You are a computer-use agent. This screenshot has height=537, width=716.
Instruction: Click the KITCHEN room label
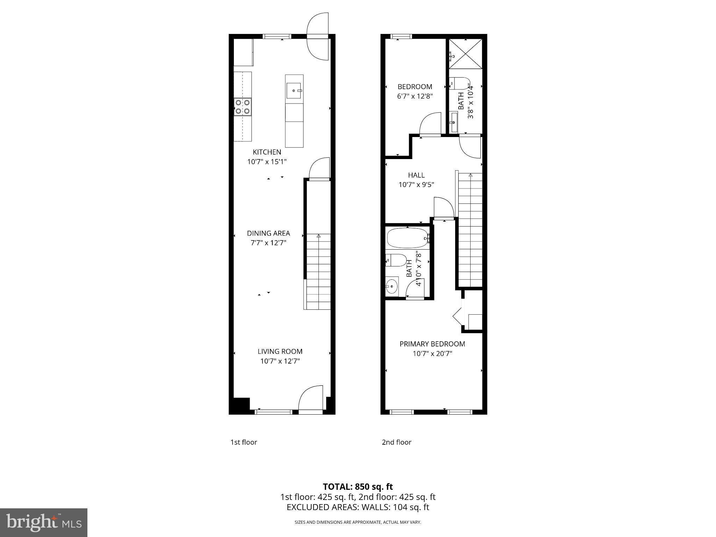pyautogui.click(x=267, y=152)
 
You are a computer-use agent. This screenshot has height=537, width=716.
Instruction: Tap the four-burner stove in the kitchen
pyautogui.click(x=243, y=107)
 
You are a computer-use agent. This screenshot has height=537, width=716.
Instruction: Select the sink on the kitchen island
pyautogui.click(x=294, y=91)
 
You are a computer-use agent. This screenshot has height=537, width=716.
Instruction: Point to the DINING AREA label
pyautogui.click(x=268, y=233)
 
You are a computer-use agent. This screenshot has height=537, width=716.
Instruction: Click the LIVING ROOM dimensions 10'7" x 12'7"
pyautogui.click(x=280, y=361)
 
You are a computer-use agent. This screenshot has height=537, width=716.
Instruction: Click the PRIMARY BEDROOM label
pyautogui.click(x=432, y=344)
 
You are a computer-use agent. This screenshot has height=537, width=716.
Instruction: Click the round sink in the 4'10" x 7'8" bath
pyautogui.click(x=392, y=286)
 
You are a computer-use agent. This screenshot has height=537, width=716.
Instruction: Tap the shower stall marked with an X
pyautogui.click(x=465, y=54)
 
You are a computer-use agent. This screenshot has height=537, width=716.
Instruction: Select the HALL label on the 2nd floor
pyautogui.click(x=416, y=175)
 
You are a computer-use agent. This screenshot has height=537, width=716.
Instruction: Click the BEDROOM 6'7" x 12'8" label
pyautogui.click(x=415, y=87)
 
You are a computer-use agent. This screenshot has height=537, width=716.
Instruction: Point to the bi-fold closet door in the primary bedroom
pyautogui.click(x=458, y=316)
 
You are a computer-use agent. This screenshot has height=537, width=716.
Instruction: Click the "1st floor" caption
pyautogui.click(x=244, y=442)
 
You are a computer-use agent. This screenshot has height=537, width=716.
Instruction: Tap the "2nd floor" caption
pyautogui.click(x=396, y=442)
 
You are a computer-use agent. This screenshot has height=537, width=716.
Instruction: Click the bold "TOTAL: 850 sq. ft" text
pyautogui.click(x=358, y=487)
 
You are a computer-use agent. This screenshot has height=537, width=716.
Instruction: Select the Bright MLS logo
pyautogui.click(x=44, y=523)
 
